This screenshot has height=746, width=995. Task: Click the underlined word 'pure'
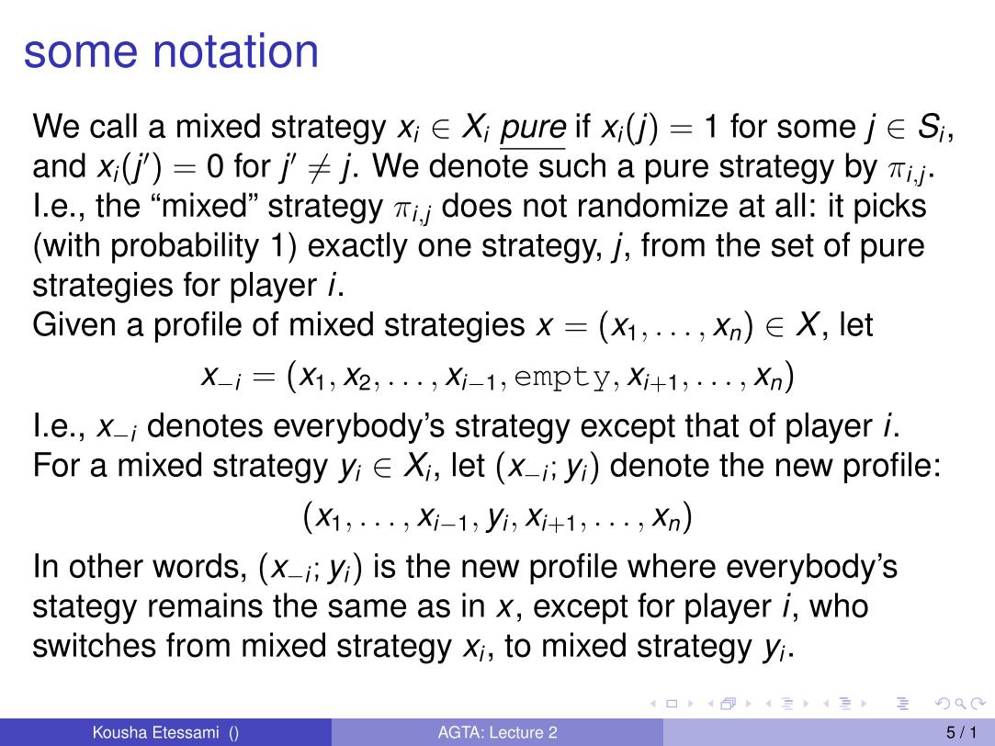click(x=533, y=129)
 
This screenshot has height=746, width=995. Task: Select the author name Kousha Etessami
click(x=155, y=733)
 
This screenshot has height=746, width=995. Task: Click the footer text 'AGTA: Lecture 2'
click(x=498, y=733)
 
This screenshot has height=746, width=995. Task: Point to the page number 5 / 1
click(x=962, y=733)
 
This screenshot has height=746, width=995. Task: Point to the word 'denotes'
click(x=204, y=425)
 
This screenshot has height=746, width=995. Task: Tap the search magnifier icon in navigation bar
click(x=961, y=704)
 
